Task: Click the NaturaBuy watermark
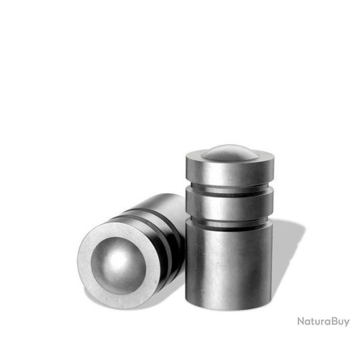(x=323, y=321)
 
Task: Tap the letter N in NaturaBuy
(x=301, y=321)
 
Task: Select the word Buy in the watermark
(x=339, y=321)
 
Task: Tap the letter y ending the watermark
(x=346, y=322)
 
